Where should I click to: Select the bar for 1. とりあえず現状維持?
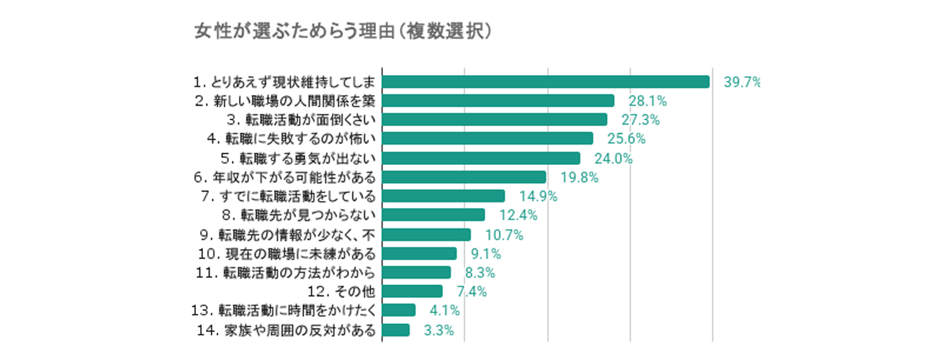click(546, 81)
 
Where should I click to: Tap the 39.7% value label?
click(742, 82)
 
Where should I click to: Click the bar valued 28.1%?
click(498, 101)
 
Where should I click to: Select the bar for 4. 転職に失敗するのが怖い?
click(487, 138)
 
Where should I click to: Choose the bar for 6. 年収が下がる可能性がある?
click(464, 176)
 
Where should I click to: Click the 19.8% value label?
click(580, 177)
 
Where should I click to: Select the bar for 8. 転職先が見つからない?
click(433, 215)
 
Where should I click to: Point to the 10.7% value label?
click(504, 235)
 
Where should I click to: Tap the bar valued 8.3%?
click(416, 272)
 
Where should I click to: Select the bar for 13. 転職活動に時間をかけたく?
click(399, 310)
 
